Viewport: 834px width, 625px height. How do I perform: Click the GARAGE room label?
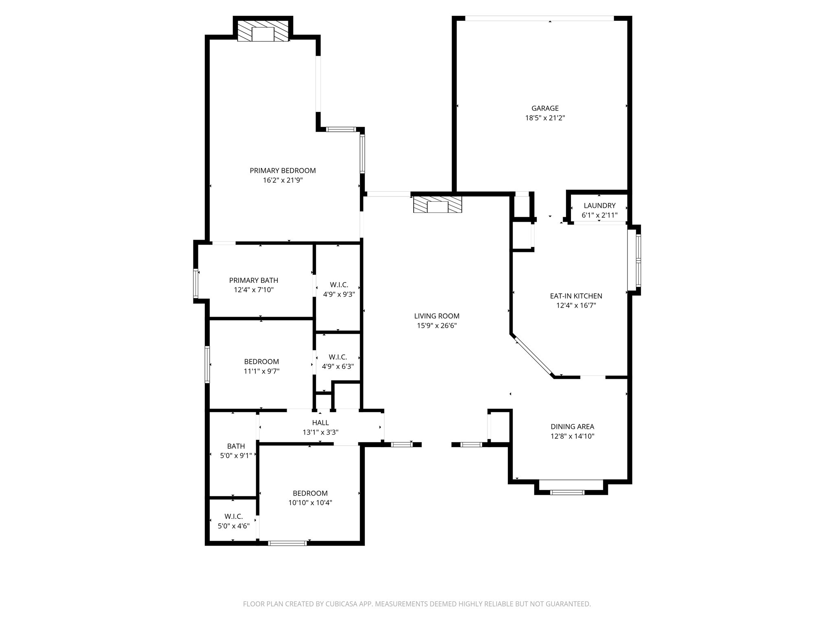[545, 108]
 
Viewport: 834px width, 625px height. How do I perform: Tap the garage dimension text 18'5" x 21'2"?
[545, 118]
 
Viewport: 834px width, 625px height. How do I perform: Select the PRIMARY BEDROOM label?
[283, 170]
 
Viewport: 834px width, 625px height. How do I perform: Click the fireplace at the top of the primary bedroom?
[263, 31]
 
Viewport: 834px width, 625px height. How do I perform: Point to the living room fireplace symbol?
[437, 204]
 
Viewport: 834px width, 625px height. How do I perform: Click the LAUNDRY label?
[599, 205]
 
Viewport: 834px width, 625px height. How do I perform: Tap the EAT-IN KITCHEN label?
[576, 296]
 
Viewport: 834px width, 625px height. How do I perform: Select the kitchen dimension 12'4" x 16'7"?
[576, 306]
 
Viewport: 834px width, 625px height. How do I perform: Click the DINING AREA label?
[572, 426]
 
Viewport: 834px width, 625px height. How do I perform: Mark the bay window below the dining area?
[567, 492]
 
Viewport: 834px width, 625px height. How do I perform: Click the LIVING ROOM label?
[437, 316]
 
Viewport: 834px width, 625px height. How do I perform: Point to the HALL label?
[320, 423]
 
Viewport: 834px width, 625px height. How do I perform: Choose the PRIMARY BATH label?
[254, 280]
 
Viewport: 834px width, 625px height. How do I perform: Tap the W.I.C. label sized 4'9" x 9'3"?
[339, 285]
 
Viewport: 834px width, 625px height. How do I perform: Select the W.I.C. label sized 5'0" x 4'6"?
[233, 516]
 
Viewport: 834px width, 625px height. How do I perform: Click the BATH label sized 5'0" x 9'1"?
[236, 446]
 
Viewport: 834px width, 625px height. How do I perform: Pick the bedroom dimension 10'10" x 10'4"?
[310, 503]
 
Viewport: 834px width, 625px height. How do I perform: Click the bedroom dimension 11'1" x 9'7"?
[261, 371]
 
